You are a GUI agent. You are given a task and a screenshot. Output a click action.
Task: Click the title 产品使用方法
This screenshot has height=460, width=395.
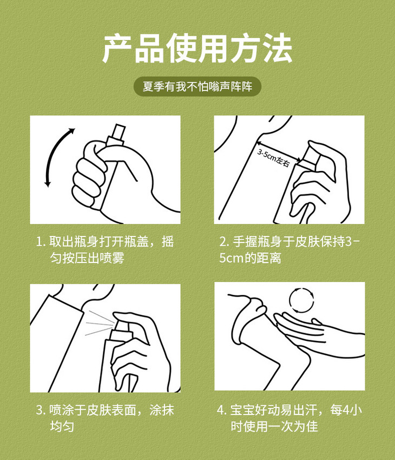click(197, 48)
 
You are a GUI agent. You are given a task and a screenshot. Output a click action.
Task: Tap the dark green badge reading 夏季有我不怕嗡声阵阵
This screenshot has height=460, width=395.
click(198, 87)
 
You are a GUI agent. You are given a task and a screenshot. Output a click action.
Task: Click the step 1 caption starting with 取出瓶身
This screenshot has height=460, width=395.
click(105, 250)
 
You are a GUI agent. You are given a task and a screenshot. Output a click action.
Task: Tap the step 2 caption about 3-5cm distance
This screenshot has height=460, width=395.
click(289, 250)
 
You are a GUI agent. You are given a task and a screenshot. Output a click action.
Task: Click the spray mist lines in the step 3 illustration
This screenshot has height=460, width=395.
click(99, 324)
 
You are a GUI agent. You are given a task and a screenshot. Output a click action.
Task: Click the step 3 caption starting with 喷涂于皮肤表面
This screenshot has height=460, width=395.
click(105, 418)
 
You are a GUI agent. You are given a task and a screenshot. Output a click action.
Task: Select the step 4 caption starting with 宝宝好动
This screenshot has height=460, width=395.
click(289, 418)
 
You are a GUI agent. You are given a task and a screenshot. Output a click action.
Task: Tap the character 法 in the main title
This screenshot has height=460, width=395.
click(276, 48)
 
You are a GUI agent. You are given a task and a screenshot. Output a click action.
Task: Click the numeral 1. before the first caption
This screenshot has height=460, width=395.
click(41, 242)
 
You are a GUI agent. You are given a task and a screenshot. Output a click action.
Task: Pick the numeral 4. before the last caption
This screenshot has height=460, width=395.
click(222, 410)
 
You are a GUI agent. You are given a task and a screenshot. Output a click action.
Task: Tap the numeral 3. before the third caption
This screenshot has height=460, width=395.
click(41, 410)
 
